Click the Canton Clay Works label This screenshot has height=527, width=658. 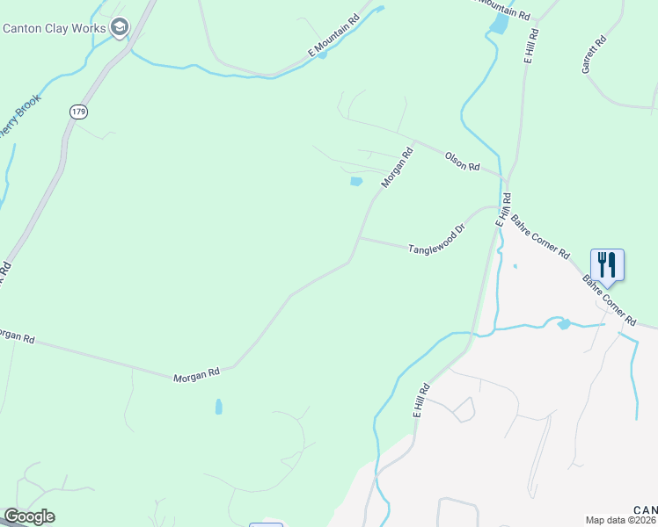[x=55, y=27]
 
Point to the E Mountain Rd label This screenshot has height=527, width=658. [x=334, y=36]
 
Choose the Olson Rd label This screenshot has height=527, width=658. [x=461, y=160]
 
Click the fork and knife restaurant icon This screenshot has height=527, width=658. [x=607, y=263]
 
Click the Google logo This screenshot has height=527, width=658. [x=29, y=516]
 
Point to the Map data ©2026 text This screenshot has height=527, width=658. [x=620, y=520]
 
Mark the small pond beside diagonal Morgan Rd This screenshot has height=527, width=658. [x=356, y=182]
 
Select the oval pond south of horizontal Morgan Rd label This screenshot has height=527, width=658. [x=218, y=407]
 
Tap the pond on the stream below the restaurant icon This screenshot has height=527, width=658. [x=563, y=324]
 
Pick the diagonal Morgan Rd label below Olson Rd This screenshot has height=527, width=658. [x=396, y=168]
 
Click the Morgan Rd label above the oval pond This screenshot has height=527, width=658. [x=196, y=374]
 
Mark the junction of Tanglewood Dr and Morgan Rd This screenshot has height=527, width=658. [x=358, y=237]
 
